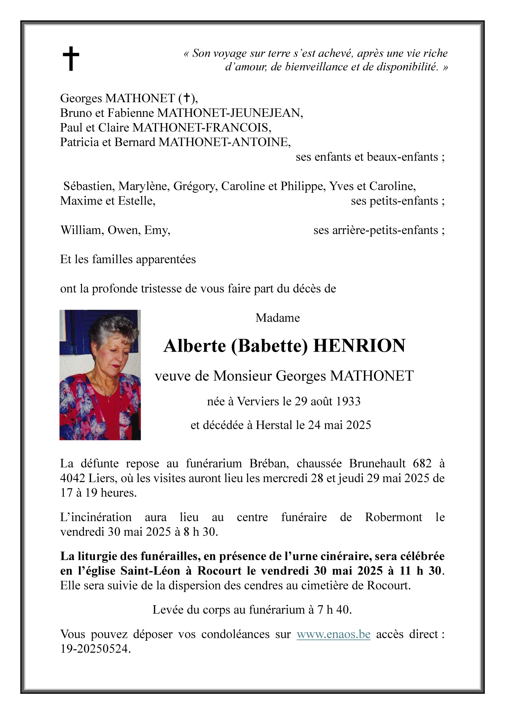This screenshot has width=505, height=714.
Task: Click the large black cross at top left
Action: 71,59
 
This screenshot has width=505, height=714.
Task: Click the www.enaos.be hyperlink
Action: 333,634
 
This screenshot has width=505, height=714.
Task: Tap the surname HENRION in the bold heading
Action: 359,345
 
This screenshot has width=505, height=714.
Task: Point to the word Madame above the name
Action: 277,318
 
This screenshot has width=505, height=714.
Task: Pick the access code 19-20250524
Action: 95,649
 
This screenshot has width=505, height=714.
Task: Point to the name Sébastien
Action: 88,186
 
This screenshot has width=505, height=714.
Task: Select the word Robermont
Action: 394,517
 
